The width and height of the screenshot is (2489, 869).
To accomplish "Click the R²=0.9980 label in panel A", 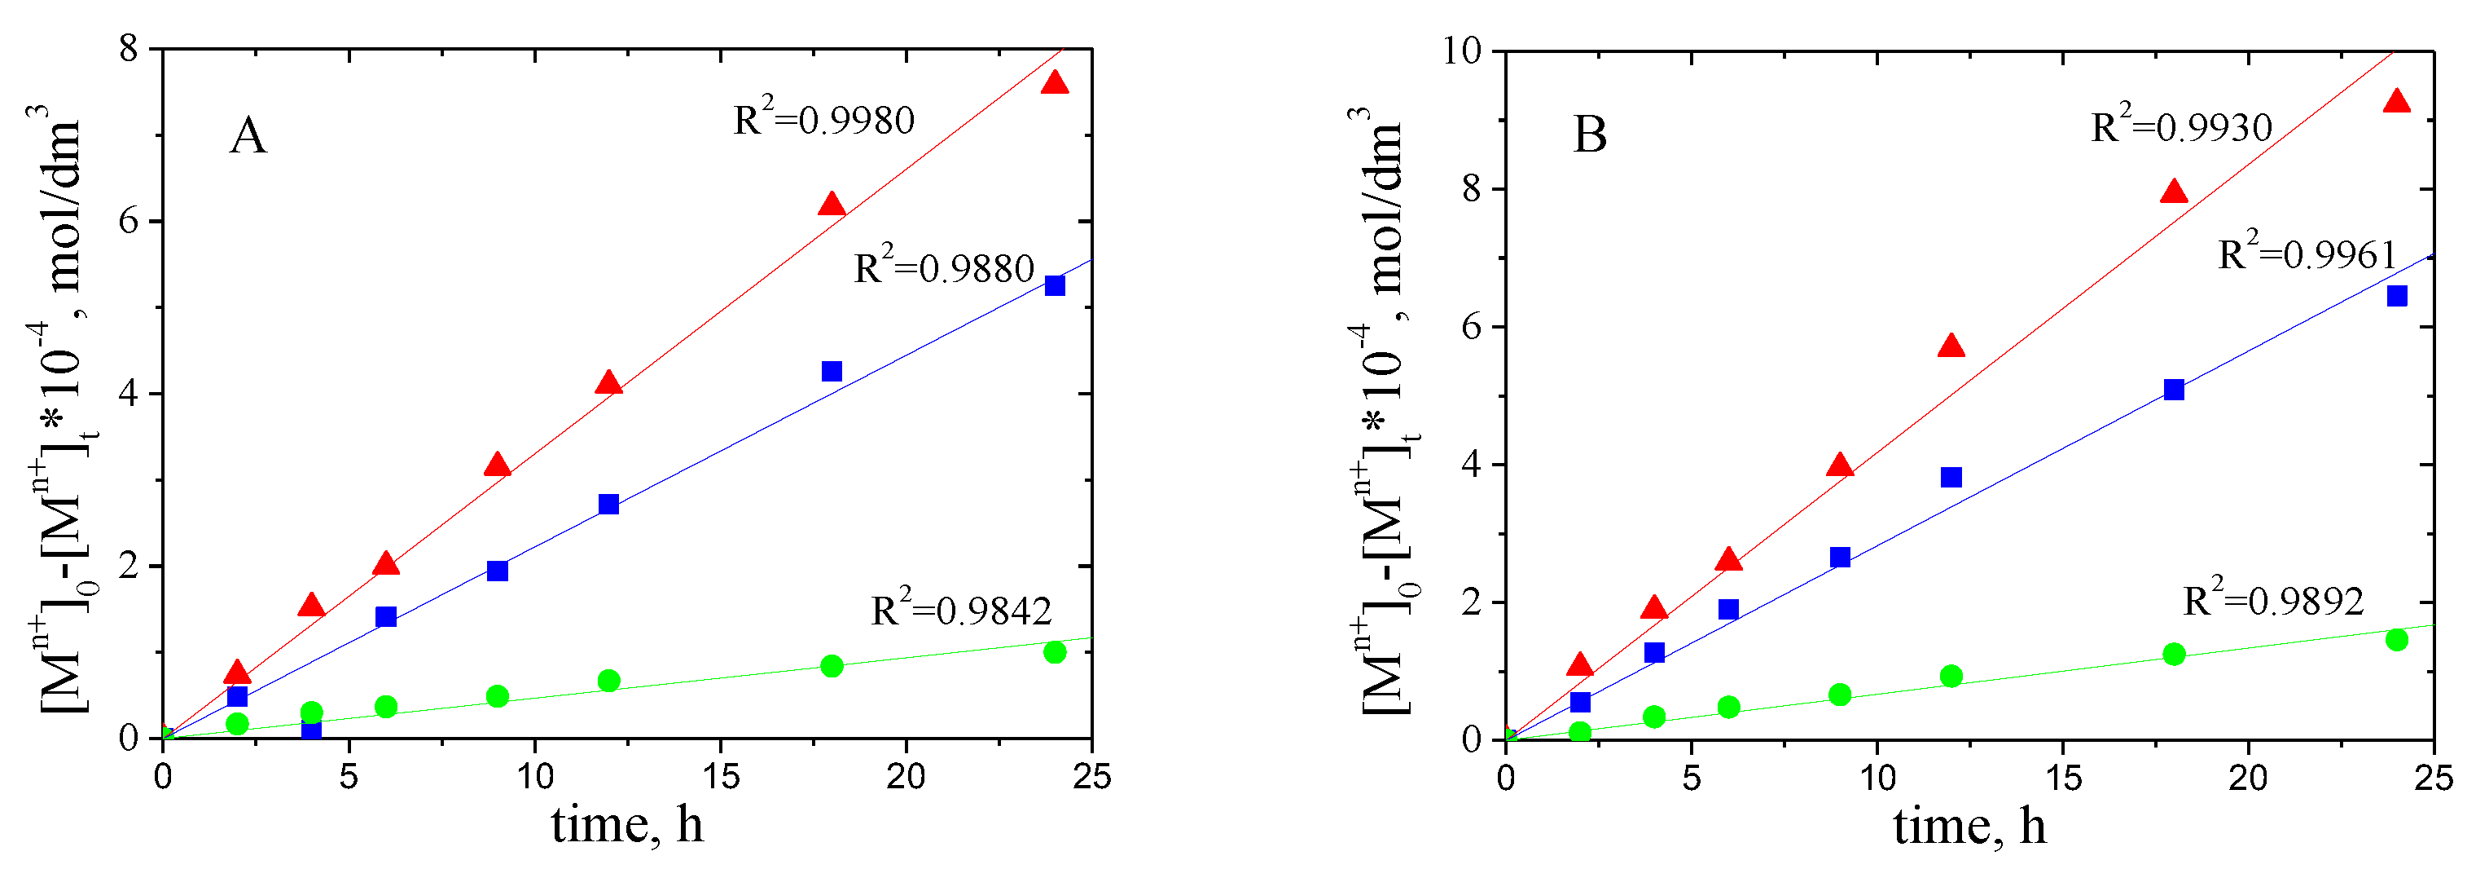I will coord(823,120).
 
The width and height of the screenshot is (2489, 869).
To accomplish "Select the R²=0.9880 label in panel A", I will coord(944,267).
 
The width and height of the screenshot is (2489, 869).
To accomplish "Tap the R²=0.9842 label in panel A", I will coord(960,610).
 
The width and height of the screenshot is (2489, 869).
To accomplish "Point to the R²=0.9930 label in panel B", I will coord(2181,126).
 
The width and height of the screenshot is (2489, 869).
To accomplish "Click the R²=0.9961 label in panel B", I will coord(2307,254).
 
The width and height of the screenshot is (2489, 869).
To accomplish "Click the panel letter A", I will coord(248,135).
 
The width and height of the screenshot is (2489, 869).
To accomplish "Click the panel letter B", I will coord(1590,135).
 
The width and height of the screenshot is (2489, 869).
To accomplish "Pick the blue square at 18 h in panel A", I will coord(832,371).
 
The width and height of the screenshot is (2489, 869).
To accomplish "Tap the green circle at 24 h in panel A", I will coord(1055,652).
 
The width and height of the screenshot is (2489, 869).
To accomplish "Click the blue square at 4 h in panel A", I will coord(311,730).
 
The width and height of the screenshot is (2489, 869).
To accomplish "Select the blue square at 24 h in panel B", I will coord(2396,296).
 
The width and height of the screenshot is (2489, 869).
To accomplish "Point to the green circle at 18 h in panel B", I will coord(2174,655).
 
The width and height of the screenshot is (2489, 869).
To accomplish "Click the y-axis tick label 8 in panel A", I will coord(129,48).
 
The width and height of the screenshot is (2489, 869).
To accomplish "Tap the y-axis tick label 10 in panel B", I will coord(1462,51).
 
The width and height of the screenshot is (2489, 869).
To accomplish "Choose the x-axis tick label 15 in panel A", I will coord(720,776).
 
